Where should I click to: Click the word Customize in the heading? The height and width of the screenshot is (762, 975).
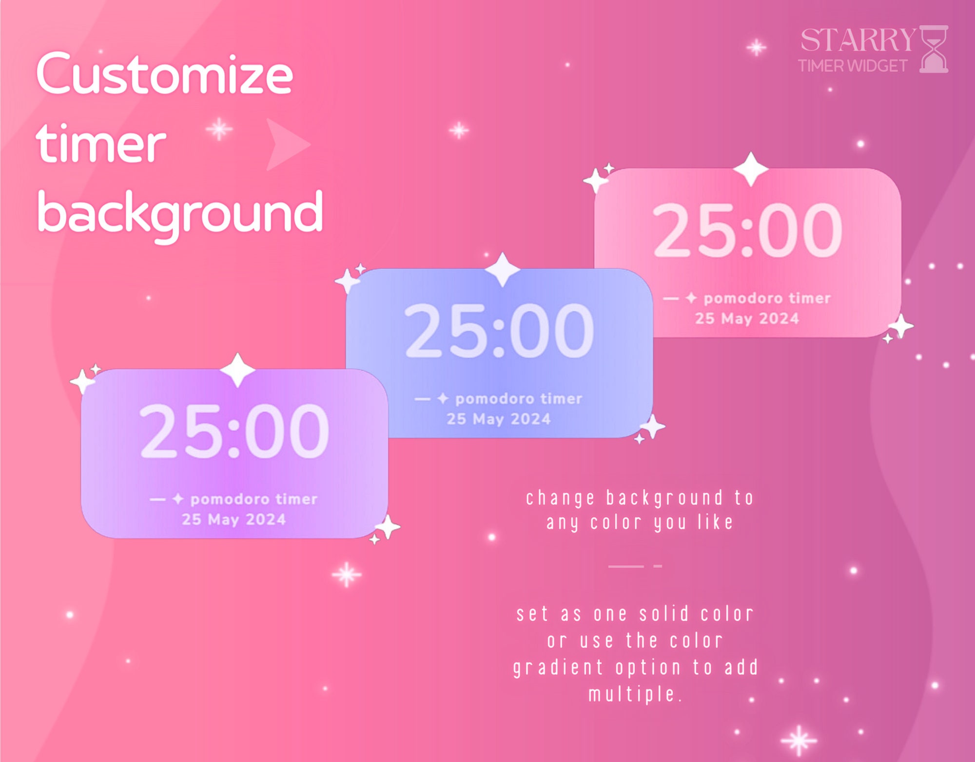[165, 74]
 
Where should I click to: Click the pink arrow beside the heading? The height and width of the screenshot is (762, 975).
[286, 144]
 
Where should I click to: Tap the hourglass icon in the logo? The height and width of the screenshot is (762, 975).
[934, 49]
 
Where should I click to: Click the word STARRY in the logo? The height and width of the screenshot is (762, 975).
[858, 40]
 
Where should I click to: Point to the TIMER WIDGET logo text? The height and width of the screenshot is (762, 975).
[853, 66]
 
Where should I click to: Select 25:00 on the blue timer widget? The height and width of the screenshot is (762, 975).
[499, 331]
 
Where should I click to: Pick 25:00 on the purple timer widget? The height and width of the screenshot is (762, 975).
[234, 431]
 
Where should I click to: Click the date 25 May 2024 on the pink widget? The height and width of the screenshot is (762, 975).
[747, 319]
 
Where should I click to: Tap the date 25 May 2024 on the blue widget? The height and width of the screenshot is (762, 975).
[499, 419]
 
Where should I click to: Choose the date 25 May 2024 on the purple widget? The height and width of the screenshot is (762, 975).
[234, 520]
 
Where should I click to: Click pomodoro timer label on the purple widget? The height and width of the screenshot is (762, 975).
[253, 499]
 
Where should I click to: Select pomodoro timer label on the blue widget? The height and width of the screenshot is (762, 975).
[519, 399]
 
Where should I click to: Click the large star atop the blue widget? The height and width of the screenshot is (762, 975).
[503, 269]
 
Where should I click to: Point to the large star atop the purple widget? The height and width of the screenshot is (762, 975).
[237, 370]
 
